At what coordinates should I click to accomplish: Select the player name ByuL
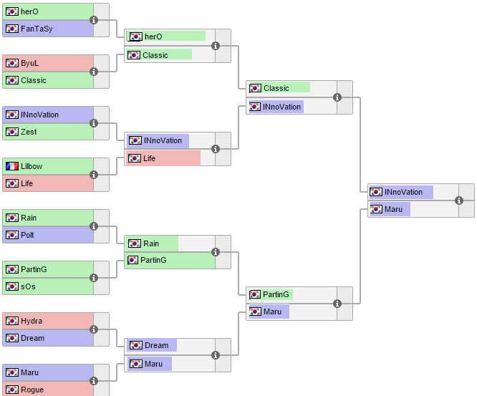coord(29,63)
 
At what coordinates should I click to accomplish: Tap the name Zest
coord(29,132)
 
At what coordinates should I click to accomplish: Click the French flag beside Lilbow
coord(12,166)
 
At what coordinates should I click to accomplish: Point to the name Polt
coord(28,235)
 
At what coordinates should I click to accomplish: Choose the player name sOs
coord(28,286)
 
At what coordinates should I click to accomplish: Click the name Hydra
coord(32,321)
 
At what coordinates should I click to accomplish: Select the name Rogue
coord(32,390)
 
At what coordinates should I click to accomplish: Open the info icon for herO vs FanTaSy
coord(94,20)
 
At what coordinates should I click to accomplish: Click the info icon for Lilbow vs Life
coord(94,175)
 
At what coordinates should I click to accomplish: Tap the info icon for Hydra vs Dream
coord(94,329)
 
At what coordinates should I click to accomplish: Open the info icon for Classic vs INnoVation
coord(337,97)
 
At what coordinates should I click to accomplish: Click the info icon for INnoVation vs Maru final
coord(459,201)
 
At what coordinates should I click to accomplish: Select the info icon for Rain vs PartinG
coord(216,251)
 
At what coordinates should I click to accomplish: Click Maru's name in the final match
coord(393,209)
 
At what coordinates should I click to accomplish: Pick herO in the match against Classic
coord(153,37)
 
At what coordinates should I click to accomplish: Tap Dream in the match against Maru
coord(156,345)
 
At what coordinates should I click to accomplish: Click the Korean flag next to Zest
coord(12,132)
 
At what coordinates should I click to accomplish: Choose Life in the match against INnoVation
coord(149,158)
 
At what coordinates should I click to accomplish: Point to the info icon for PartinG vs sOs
coord(94,278)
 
